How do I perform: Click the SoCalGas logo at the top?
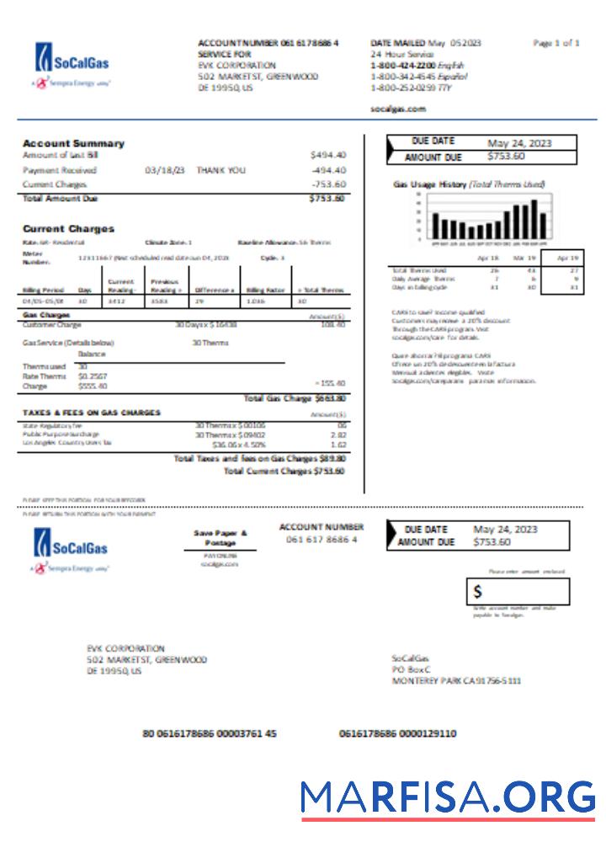click(72, 61)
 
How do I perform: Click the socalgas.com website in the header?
click(398, 109)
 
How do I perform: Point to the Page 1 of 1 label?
click(555, 43)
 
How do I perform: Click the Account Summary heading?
click(73, 143)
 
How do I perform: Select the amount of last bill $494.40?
click(327, 155)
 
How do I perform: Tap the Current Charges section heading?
click(68, 228)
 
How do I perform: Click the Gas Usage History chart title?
click(469, 184)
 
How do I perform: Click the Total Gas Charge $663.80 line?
click(294, 398)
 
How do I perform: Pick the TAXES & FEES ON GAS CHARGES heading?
click(91, 413)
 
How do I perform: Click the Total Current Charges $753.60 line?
click(284, 472)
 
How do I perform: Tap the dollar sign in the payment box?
click(478, 592)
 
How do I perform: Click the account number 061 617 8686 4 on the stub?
click(322, 540)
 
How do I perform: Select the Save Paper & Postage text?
click(221, 538)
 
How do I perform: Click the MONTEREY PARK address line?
click(456, 680)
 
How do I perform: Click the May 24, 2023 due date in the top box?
click(519, 143)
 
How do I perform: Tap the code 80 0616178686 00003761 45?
click(210, 733)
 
